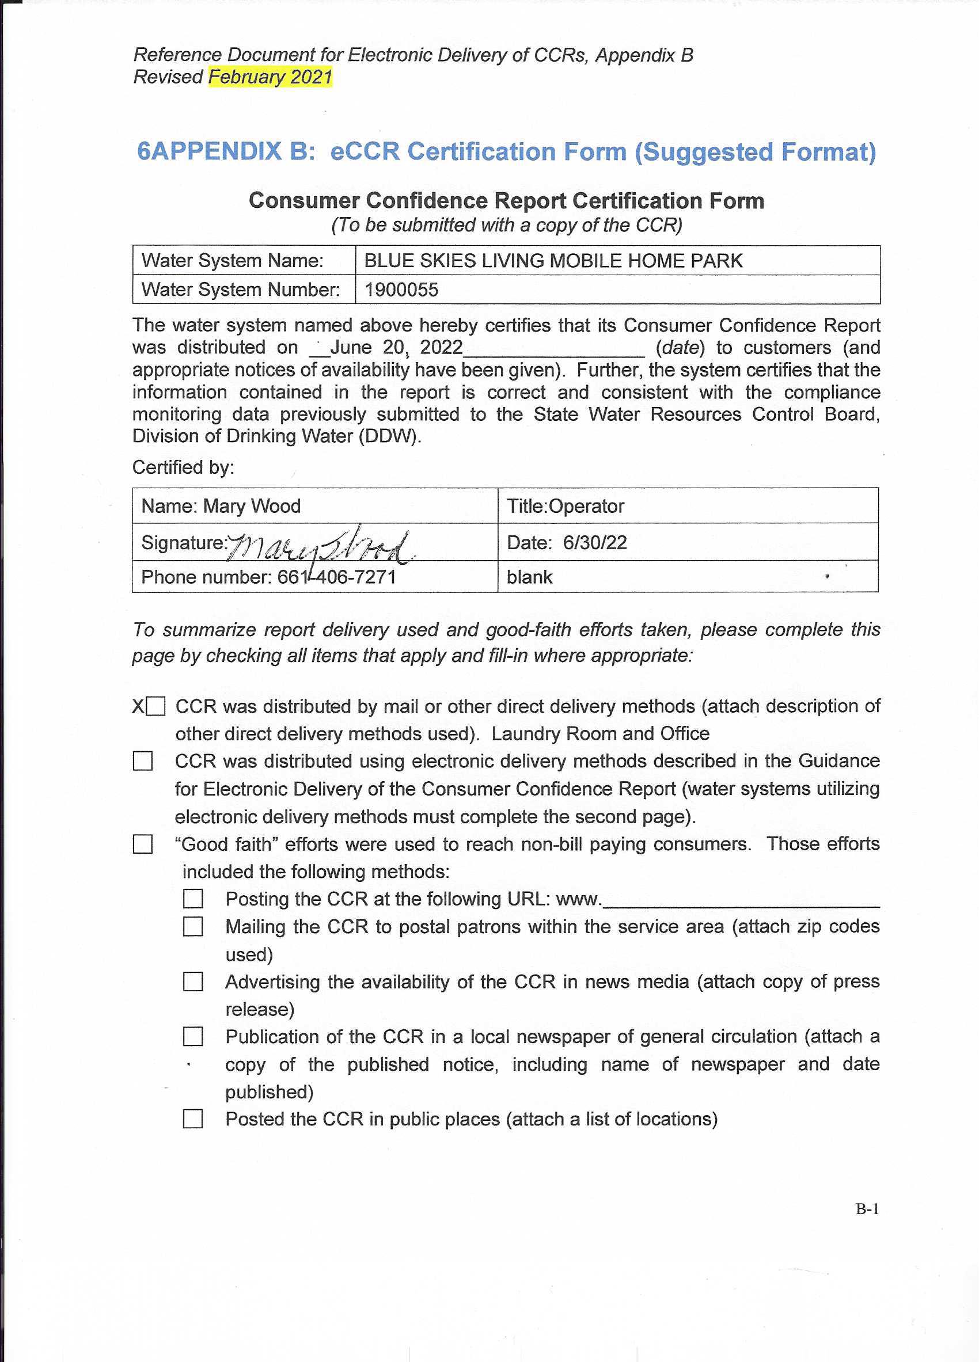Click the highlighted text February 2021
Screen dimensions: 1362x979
(x=270, y=77)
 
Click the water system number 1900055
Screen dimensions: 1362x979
(x=401, y=290)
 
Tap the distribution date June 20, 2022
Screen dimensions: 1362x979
(x=396, y=348)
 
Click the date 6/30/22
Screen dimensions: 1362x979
(x=595, y=543)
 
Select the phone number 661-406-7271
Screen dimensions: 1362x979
(x=336, y=577)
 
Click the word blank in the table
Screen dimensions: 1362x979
(x=529, y=577)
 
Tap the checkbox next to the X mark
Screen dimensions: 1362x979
(x=155, y=706)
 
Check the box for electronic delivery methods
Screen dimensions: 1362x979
(x=142, y=762)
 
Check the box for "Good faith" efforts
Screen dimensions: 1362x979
(x=142, y=844)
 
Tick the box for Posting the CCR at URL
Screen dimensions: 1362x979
(x=193, y=899)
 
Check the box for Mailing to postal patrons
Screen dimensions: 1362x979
(x=193, y=927)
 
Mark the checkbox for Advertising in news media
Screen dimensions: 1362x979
(x=193, y=982)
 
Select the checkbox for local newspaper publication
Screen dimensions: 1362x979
(x=193, y=1037)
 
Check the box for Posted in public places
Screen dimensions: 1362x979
(x=193, y=1119)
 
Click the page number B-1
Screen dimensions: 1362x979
(x=867, y=1209)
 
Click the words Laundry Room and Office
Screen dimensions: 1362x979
(x=600, y=734)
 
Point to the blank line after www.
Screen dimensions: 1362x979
(x=741, y=901)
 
